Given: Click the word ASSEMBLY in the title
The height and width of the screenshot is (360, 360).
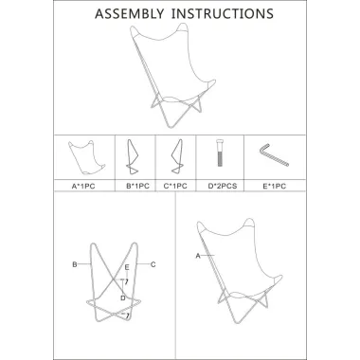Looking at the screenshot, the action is (x=130, y=13).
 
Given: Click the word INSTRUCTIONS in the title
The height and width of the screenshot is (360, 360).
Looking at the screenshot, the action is (x=223, y=13).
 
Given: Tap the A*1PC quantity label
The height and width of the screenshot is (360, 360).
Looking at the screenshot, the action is (x=83, y=187).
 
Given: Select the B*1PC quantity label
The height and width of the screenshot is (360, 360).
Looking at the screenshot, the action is (x=137, y=186).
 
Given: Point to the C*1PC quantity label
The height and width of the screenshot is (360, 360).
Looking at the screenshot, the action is (x=175, y=186).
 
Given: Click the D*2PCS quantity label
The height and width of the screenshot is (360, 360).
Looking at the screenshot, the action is (x=223, y=186).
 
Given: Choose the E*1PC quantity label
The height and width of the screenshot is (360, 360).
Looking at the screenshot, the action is (x=275, y=186).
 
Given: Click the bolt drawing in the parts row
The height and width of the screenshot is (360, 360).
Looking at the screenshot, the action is (x=220, y=153).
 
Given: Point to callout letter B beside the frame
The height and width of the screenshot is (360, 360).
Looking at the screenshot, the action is (x=75, y=264).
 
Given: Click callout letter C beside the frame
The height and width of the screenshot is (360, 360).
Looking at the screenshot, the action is (x=153, y=264).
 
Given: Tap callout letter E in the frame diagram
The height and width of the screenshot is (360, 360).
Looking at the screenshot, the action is (x=127, y=267).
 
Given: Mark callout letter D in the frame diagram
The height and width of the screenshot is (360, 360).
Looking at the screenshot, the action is (x=123, y=297).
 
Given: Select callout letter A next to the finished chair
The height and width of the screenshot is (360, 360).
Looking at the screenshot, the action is (x=198, y=256).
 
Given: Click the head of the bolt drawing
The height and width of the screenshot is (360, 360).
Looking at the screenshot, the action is (x=220, y=142).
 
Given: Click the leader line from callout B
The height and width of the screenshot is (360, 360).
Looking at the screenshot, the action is (x=84, y=264).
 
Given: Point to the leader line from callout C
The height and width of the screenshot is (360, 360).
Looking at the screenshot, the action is (x=143, y=264).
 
